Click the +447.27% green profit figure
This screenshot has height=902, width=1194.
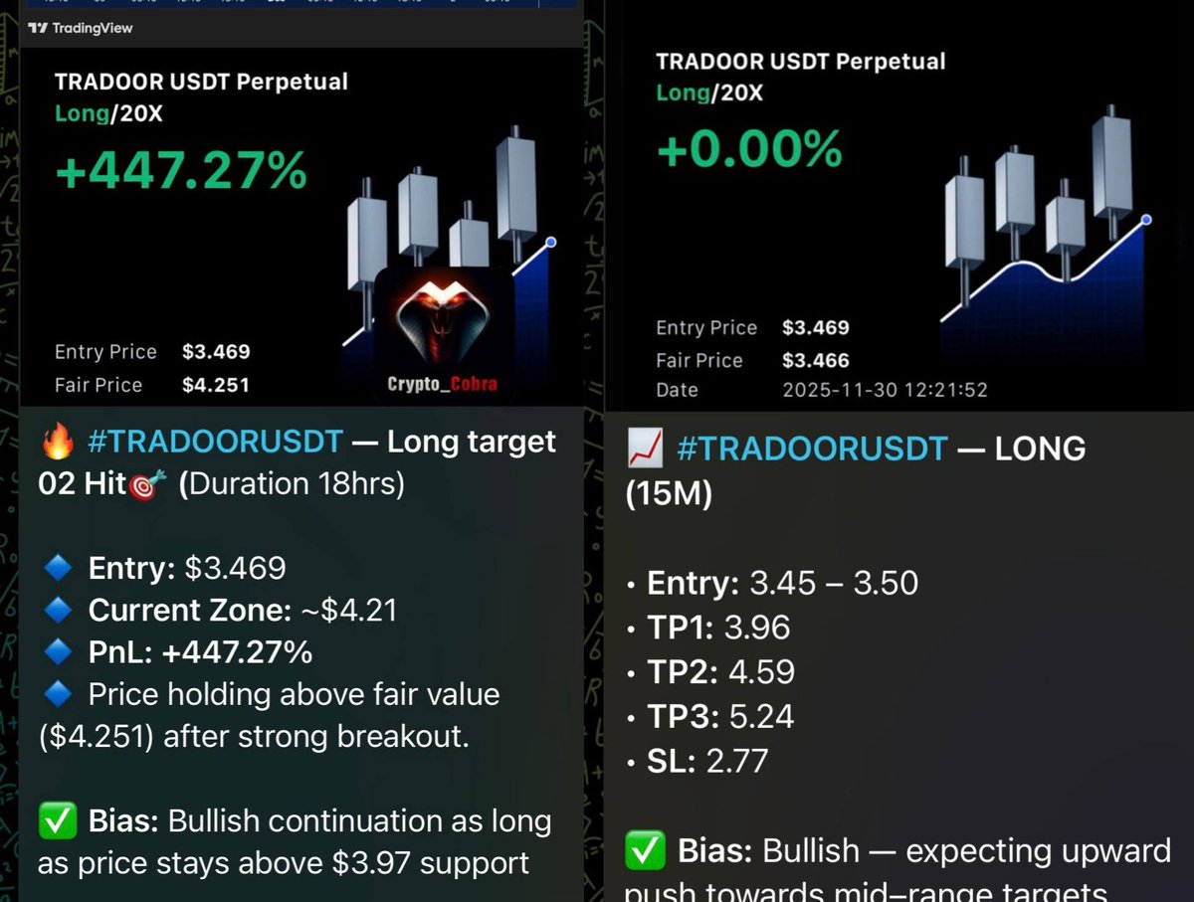(180, 171)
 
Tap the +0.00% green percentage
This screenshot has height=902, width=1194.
(749, 149)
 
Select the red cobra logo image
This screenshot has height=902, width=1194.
(444, 319)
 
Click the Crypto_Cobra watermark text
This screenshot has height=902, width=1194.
(444, 384)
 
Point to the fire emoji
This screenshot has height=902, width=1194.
(56, 442)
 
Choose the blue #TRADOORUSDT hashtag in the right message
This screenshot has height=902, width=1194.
(811, 450)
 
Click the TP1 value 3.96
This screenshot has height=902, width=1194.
(757, 628)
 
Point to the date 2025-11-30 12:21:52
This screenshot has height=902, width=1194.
(885, 390)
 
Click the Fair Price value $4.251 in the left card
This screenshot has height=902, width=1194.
(216, 385)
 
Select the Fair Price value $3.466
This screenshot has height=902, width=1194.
(815, 360)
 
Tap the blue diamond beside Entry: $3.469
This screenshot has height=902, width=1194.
(56, 568)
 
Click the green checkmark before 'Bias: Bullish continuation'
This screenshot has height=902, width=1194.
(56, 822)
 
